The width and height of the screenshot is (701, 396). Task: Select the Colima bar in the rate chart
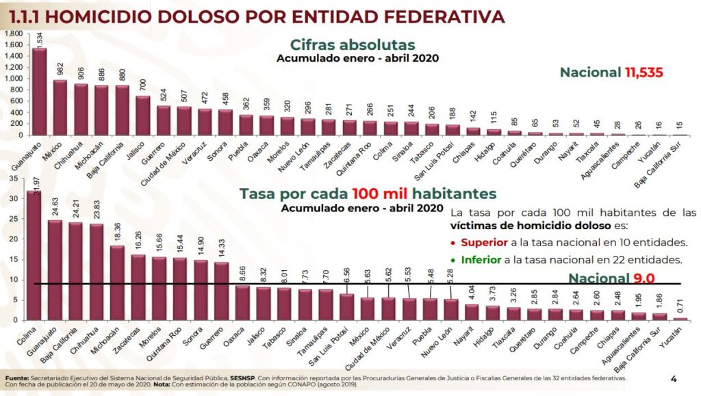click(34, 256)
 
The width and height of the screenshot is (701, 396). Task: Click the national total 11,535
click(643, 72)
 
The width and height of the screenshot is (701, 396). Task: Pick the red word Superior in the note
click(484, 242)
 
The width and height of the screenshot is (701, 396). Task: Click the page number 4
click(674, 378)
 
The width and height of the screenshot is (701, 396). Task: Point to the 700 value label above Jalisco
click(142, 84)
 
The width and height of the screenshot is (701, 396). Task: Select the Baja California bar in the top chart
click(122, 110)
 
